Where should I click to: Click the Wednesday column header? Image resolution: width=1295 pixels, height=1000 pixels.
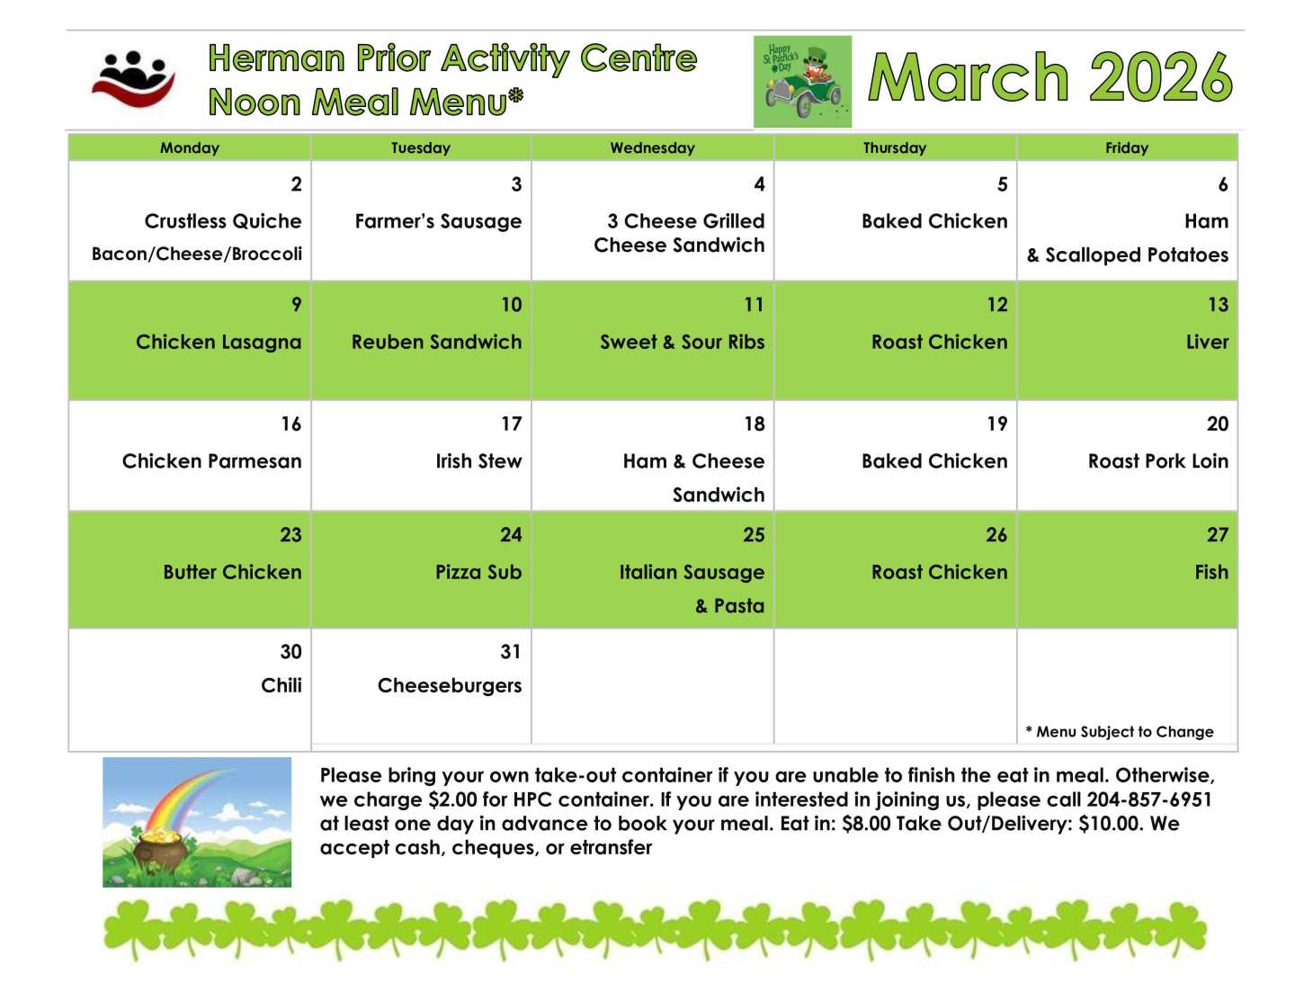652,147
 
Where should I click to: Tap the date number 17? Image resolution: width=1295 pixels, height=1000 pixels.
511,424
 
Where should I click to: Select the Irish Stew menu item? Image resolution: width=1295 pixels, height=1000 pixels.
478,460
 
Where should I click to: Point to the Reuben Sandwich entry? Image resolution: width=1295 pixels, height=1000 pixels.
435,342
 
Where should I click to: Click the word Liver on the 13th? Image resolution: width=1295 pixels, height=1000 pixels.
1207,342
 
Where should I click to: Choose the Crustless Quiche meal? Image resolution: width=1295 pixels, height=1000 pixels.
222,221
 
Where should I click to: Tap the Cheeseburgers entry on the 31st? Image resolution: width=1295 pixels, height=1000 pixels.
449,685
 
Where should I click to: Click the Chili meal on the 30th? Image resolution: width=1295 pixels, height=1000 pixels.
281,684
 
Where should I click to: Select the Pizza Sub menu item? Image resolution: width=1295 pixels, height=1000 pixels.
478,572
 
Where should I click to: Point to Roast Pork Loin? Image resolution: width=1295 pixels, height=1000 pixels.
1158,460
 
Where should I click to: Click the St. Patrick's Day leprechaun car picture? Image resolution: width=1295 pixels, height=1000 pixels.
802,82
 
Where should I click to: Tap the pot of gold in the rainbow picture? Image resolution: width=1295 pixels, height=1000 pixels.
163,849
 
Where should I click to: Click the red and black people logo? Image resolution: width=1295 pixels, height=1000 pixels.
133,79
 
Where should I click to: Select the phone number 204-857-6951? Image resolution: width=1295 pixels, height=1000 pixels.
1149,799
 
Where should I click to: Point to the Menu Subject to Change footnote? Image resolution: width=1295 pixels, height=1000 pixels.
1120,732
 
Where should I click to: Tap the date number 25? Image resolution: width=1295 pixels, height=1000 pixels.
754,534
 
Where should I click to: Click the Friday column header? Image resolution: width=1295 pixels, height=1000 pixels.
1126,147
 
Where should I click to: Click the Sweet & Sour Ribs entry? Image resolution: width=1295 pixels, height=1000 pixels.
682,342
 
